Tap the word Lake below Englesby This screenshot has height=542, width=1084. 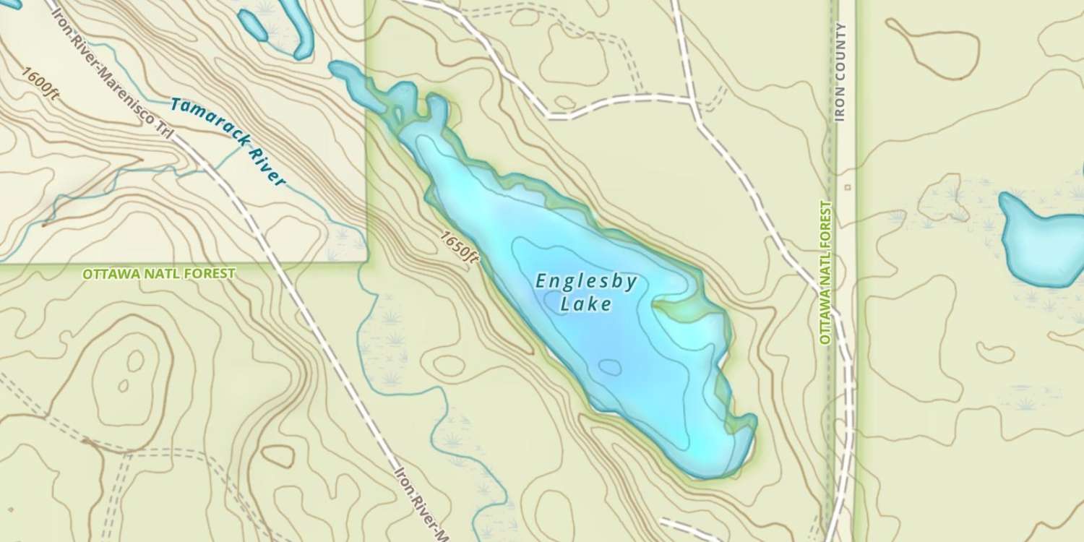(586, 305)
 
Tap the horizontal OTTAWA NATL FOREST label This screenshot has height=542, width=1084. (158, 274)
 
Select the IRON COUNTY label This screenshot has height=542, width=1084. (840, 72)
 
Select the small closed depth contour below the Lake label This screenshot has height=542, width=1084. (611, 368)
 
